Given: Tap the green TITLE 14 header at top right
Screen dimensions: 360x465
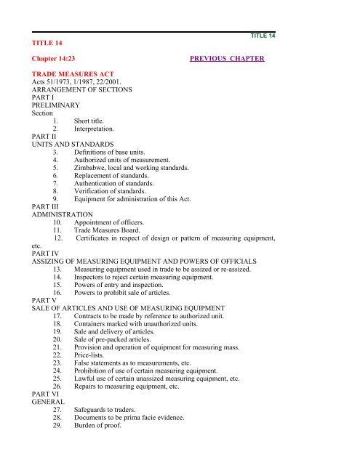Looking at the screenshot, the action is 263,36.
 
